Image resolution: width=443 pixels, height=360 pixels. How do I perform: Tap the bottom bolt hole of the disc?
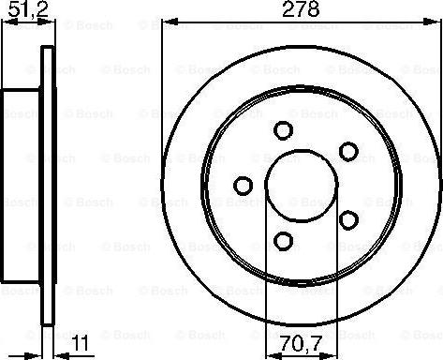(x=283, y=242)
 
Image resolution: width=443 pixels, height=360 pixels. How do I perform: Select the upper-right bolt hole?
(x=347, y=151)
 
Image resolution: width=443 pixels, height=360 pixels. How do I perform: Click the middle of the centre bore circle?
(x=302, y=185)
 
